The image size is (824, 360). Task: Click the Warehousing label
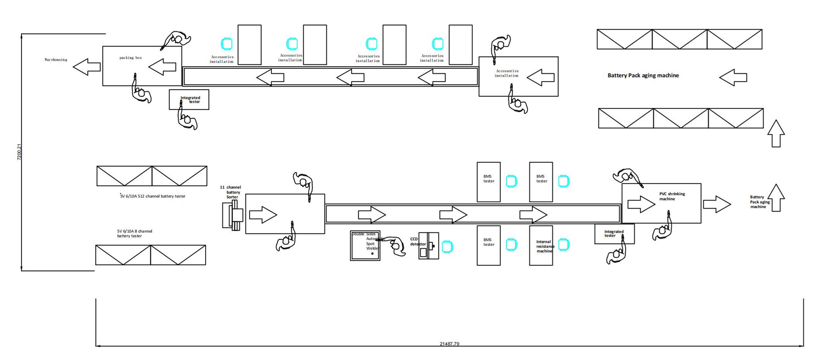[x=56, y=60]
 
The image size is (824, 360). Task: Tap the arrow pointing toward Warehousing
[x=86, y=67]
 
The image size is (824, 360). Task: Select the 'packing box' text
[x=130, y=58]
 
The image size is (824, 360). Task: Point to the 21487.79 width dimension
[x=449, y=344]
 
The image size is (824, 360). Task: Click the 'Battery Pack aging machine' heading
[x=643, y=76]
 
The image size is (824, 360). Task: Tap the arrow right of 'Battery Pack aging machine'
[x=733, y=78]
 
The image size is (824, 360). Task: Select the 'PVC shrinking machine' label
[x=671, y=196]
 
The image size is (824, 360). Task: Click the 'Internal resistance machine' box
[x=541, y=246]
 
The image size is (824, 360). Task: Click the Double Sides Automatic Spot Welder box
[x=365, y=246]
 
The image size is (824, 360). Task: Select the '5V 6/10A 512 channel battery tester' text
[x=153, y=196]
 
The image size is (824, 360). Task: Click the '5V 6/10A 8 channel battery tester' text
[x=134, y=234]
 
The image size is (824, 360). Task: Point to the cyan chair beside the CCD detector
[x=447, y=247]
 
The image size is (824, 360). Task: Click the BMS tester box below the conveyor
[x=488, y=246]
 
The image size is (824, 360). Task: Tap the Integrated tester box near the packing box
[x=189, y=100]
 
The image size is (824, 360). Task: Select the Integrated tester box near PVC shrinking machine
[x=614, y=234]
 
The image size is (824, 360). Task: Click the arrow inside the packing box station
[x=162, y=67]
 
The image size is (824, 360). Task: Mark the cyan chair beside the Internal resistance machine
[x=564, y=244]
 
